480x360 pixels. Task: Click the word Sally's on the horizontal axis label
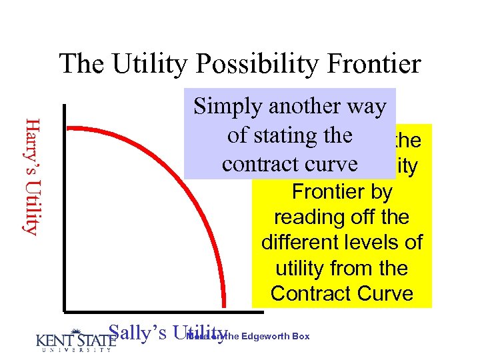[136, 333]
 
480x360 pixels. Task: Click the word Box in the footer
[301, 337]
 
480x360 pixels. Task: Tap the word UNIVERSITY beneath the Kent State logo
[73, 350]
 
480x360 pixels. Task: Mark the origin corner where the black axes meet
[66, 309]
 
